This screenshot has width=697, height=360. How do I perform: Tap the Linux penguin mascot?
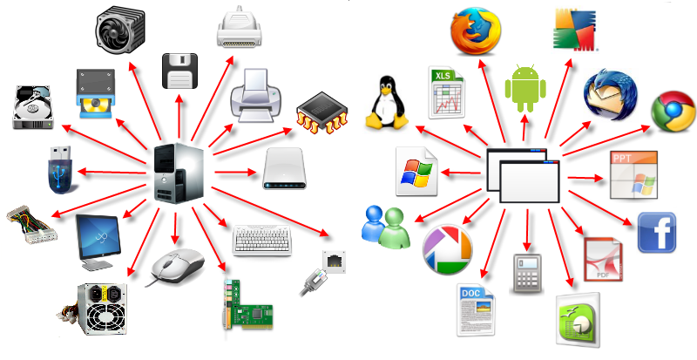(x=386, y=103)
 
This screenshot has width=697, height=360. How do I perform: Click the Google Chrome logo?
(x=673, y=113)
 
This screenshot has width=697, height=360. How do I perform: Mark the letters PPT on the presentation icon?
(x=623, y=158)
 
